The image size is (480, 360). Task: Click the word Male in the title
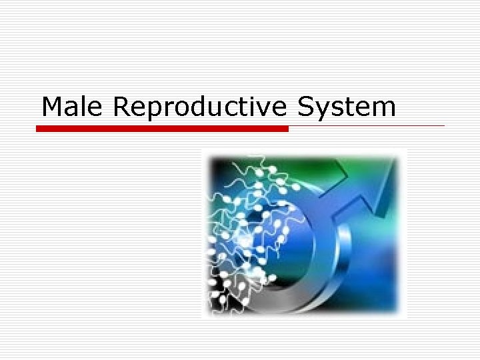click(x=73, y=107)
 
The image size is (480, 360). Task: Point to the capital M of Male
click(x=53, y=107)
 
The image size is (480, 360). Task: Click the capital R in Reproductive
click(x=122, y=107)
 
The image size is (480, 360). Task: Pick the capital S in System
click(x=305, y=107)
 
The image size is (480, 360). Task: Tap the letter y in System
click(x=323, y=111)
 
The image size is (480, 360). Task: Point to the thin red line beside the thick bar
click(x=367, y=125)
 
